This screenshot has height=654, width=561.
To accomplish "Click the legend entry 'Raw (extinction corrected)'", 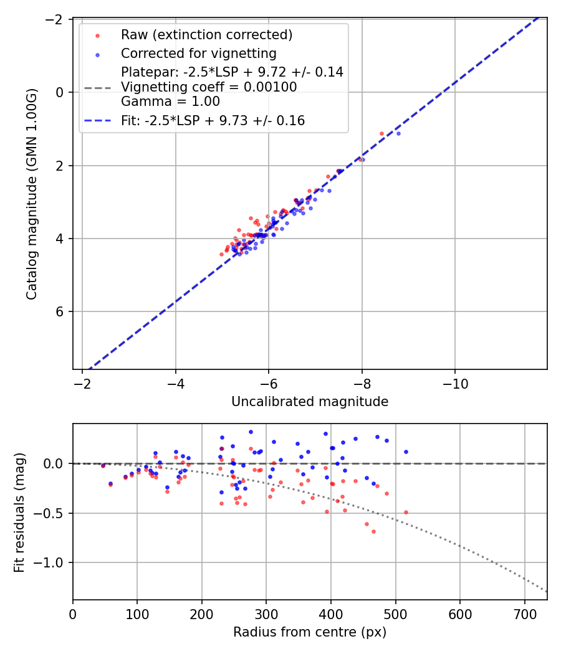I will (x=206, y=34).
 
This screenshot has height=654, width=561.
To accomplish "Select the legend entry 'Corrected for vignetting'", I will (x=198, y=53).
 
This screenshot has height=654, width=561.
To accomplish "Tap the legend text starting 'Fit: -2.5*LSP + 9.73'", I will (x=213, y=121).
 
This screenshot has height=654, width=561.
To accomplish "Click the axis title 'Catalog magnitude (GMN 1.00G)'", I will (x=32, y=194).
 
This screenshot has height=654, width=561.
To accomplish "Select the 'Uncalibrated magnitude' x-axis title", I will (x=310, y=402).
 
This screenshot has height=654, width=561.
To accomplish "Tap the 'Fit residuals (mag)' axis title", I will (x=19, y=511).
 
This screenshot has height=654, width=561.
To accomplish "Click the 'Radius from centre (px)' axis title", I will (x=310, y=632).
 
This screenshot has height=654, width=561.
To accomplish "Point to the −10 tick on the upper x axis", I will (x=454, y=383).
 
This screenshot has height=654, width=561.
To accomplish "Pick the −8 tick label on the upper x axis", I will (x=362, y=383).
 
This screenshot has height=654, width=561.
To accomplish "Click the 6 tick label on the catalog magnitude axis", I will (x=61, y=311).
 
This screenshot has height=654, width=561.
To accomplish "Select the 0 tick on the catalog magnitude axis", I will (x=61, y=92).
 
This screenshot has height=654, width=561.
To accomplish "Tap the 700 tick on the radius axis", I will (x=524, y=614).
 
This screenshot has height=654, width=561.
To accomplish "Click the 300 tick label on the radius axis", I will (x=266, y=614).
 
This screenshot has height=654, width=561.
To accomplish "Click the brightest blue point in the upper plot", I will (x=398, y=133).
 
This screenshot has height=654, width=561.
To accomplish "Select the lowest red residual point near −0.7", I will (x=373, y=531).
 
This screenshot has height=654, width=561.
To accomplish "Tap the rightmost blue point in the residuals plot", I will (x=406, y=452).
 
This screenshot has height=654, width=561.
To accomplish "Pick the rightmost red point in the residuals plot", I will (x=406, y=512).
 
